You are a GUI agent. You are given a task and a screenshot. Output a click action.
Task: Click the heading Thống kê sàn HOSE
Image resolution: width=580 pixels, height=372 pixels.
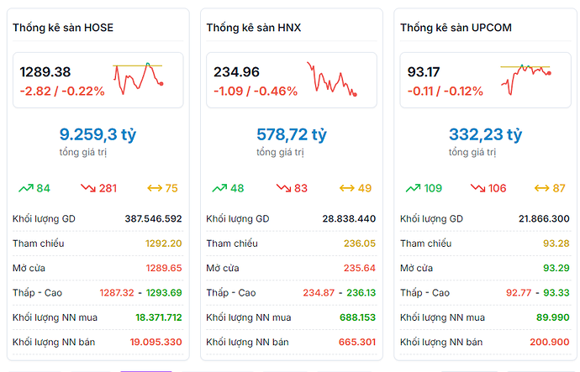(x=63, y=28)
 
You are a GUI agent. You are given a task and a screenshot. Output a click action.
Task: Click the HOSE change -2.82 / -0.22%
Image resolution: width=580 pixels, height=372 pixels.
(x=62, y=91)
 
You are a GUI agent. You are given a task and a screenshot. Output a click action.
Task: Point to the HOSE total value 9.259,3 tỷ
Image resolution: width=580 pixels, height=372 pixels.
(x=98, y=134)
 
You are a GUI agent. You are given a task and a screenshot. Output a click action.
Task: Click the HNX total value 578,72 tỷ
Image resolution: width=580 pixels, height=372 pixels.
(x=291, y=134)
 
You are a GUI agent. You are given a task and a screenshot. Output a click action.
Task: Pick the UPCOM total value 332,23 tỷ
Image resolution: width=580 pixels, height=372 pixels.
(x=485, y=134)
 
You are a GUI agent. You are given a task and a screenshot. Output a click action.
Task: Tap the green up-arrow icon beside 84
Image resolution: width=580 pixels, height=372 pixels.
(x=25, y=188)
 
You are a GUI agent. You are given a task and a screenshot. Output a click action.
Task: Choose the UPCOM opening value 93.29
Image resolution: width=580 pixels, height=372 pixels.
(x=555, y=268)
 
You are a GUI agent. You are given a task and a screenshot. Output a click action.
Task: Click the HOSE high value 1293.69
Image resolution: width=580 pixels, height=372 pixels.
(x=164, y=292)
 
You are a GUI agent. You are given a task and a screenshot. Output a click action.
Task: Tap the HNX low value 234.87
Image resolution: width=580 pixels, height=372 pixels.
(x=319, y=292)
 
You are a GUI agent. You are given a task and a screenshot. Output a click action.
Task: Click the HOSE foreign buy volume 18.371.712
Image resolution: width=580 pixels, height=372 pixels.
(x=159, y=317)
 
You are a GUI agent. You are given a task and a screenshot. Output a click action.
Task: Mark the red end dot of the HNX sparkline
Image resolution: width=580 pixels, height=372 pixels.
(x=355, y=94)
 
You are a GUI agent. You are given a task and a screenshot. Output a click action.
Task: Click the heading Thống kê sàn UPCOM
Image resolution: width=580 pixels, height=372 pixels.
(x=456, y=28)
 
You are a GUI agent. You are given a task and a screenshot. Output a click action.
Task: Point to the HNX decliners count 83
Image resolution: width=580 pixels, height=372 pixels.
(x=301, y=188)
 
